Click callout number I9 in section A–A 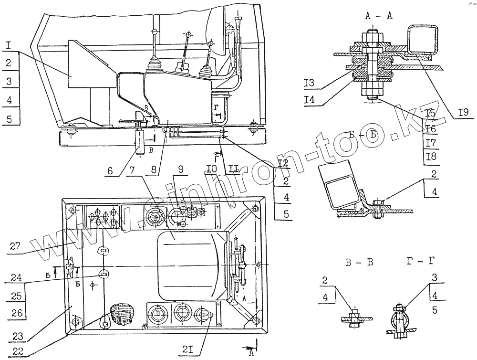(x=463, y=114)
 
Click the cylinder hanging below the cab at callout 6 (x=141, y=141)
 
